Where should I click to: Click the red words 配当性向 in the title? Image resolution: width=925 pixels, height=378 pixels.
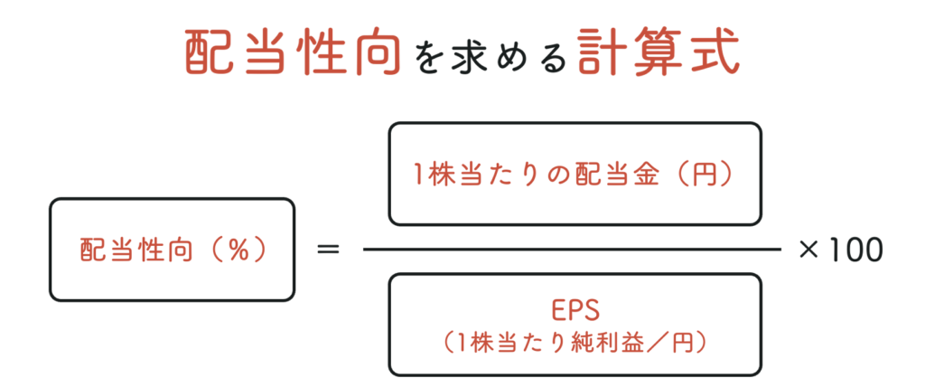pos(293,52)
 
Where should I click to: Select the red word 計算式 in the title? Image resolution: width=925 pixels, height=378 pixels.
pos(659,52)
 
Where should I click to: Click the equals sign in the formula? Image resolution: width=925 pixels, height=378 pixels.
pos(329,250)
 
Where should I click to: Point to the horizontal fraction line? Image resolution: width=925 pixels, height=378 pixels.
pos(572,250)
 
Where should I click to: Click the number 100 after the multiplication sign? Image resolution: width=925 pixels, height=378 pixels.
pos(855,250)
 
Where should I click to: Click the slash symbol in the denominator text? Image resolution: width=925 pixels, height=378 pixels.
pos(650,342)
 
